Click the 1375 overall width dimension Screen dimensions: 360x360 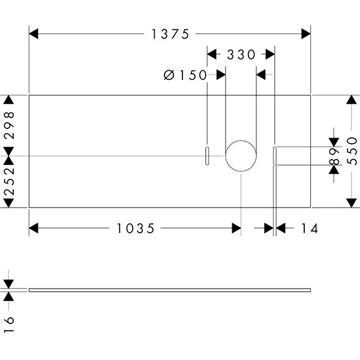coord(170,34)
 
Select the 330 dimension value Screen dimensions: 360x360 coord(241,55)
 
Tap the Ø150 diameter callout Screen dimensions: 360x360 coord(184,75)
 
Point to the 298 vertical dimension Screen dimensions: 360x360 coord(8,125)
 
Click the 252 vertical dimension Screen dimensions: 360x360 coord(8,182)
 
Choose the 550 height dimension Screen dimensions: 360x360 coord(352,151)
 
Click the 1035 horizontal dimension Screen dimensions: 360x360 coord(136,228)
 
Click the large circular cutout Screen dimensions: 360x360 coord(241,156)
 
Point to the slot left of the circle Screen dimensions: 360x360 coord(206,155)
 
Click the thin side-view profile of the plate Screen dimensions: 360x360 coord(170,290)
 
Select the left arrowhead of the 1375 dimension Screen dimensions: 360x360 coord(34,34)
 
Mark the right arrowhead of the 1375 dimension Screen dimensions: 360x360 coord(306,34)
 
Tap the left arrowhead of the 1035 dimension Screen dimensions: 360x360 coord(34,228)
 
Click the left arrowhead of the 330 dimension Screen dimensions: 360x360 coord(211,55)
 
